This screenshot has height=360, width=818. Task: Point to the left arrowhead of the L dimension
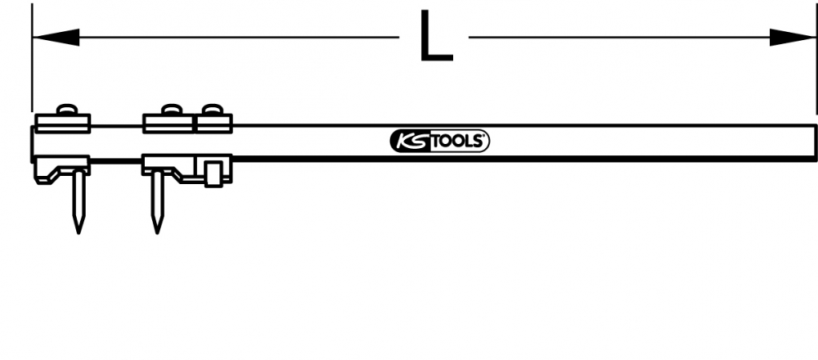(56, 37)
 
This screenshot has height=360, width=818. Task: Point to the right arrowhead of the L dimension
(793, 37)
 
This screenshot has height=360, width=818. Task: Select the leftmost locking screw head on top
(67, 110)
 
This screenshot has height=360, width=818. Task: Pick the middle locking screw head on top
(172, 110)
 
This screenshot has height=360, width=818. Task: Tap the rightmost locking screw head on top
(212, 110)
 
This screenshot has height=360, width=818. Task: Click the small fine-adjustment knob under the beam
(212, 173)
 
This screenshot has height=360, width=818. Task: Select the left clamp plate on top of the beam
(63, 124)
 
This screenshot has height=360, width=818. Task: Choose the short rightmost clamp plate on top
(213, 124)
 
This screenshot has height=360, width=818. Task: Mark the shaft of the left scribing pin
(79, 197)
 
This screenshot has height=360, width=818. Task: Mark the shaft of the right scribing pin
(157, 197)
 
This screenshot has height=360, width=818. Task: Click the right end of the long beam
(816, 142)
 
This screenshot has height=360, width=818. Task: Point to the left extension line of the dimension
(32, 58)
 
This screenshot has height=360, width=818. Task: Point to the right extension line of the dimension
(816, 58)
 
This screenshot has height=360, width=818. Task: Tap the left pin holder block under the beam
(62, 169)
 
